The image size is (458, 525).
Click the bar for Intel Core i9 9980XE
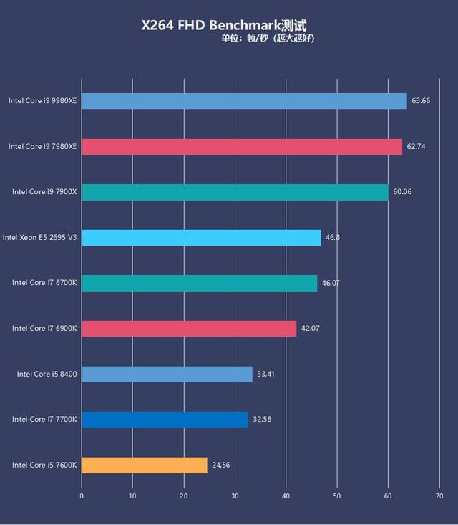(x=244, y=101)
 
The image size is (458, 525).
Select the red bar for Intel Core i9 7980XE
(x=242, y=146)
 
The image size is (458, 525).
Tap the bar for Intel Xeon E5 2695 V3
(x=201, y=237)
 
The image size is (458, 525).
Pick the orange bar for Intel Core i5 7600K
(x=145, y=465)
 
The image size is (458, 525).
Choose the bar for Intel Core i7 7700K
(x=165, y=419)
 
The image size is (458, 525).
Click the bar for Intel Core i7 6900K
(x=189, y=328)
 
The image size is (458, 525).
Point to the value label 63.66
(x=420, y=101)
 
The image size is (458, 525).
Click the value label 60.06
(x=401, y=192)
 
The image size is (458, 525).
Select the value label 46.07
(x=331, y=283)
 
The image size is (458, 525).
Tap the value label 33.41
(x=266, y=374)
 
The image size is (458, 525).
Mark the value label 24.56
(x=220, y=465)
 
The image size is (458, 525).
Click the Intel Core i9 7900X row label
(x=44, y=192)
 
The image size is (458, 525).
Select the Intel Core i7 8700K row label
(x=44, y=283)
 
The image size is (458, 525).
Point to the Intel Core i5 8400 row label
(x=47, y=374)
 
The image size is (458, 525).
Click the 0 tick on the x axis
(x=82, y=495)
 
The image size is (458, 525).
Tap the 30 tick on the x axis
(x=235, y=495)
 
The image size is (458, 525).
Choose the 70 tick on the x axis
(x=439, y=495)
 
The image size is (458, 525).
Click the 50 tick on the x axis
(x=337, y=495)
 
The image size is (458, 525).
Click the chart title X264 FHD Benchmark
(x=223, y=25)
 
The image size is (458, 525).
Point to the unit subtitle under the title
(x=268, y=38)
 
